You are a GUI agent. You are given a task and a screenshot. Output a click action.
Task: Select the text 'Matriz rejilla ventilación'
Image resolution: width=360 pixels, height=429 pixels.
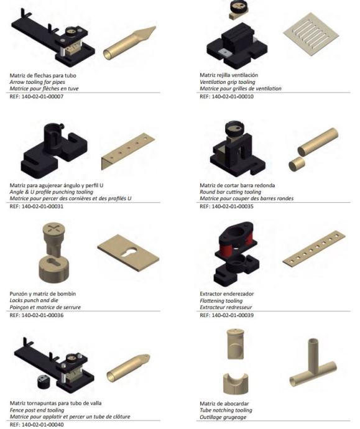229,75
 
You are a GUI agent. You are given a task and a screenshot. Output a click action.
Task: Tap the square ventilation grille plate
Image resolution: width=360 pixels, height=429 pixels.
311,34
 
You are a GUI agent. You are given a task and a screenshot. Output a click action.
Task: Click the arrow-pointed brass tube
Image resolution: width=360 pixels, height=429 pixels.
129,44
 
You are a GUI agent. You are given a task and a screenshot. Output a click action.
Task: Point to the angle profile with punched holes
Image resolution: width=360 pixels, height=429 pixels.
128,150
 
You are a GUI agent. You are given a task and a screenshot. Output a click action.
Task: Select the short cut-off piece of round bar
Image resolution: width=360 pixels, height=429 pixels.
297,164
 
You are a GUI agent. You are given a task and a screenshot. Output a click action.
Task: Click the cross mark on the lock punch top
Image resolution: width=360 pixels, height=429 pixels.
53,228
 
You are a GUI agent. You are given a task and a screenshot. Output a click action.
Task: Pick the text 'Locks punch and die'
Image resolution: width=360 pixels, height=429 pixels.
34,300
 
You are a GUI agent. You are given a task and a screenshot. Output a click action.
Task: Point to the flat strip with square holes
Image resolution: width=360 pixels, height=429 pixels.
314,249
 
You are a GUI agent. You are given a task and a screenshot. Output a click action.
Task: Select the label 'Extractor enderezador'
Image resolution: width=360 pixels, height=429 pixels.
227,294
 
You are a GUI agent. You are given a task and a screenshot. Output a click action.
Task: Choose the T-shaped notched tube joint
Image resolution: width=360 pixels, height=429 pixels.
313,362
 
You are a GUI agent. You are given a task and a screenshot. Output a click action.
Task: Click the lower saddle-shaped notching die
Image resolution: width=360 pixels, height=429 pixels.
235,384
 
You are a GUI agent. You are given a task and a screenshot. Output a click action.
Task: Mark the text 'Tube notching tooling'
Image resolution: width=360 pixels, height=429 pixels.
226,410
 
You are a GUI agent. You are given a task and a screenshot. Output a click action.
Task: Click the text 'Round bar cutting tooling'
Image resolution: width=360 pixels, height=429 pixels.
230,191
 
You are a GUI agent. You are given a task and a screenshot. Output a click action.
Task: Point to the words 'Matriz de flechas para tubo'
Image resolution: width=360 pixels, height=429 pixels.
43,75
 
